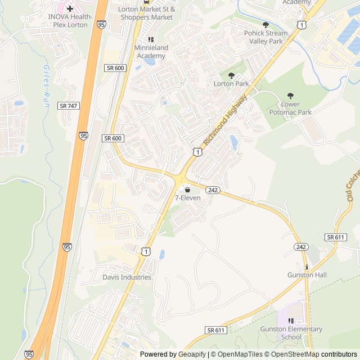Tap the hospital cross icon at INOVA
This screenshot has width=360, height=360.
70,8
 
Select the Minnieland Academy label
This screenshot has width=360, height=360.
151,52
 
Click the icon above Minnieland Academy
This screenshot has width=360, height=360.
151,39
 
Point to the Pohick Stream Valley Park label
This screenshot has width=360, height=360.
265,37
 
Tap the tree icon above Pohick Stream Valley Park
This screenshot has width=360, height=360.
265,25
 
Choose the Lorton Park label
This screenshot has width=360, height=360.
231,84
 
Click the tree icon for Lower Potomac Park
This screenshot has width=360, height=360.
290,96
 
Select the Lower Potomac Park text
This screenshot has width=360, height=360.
298,109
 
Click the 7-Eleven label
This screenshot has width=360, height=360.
187,198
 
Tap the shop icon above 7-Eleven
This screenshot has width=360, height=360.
187,190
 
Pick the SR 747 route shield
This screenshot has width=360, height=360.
68,106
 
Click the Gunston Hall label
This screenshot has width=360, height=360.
307,275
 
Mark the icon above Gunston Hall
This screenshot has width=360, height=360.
307,267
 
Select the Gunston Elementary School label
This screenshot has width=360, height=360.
291,333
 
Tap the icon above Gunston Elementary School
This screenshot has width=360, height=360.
291,321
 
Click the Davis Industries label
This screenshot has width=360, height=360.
127,277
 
